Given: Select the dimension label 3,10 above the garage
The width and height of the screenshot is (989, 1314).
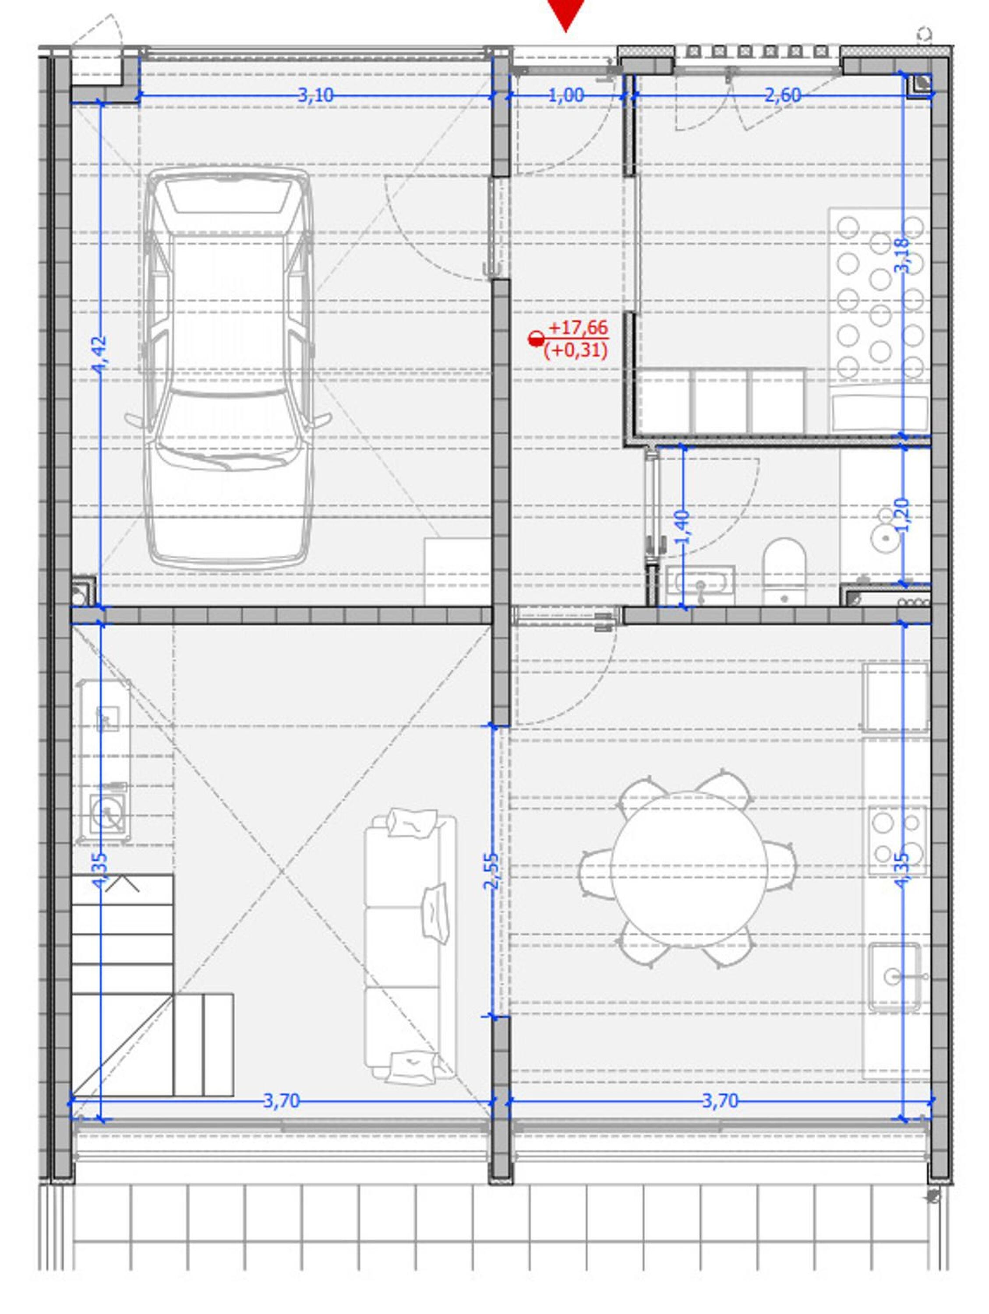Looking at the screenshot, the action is [315, 95].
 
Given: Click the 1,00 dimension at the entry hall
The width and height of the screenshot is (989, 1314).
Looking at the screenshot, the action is [565, 95].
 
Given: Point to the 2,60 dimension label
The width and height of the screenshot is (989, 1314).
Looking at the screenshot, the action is [782, 95].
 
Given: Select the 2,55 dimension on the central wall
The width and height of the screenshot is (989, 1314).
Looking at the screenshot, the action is [492, 871].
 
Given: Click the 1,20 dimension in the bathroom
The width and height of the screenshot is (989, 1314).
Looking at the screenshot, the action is [902, 515].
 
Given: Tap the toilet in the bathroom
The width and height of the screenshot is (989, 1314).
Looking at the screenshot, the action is [784, 571].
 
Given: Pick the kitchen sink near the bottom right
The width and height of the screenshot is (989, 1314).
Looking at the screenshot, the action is [894, 977].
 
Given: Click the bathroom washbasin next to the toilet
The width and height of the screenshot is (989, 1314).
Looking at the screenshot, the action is [700, 585].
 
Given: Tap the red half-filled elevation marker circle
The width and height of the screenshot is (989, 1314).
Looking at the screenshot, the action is [536, 339].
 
